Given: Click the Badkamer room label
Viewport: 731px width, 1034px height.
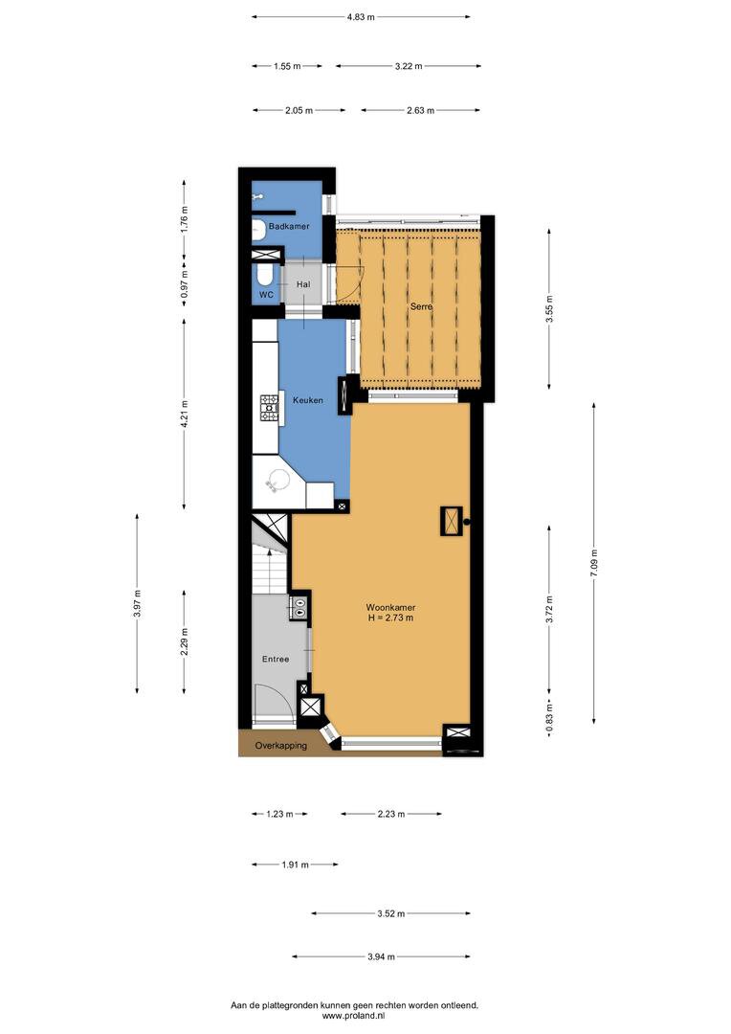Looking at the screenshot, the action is (289, 226).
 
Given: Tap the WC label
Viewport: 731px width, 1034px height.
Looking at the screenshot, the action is (266, 295).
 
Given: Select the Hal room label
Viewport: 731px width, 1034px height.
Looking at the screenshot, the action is (303, 284).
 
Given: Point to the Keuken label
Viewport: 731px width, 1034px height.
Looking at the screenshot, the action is (308, 399).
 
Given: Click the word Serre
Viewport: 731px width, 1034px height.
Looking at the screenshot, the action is (421, 306).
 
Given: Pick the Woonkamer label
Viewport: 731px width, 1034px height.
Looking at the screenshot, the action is (391, 607).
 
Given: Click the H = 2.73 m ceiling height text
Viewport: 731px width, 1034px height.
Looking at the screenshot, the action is (391, 618).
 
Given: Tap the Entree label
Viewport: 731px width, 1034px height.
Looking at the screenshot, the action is (276, 659).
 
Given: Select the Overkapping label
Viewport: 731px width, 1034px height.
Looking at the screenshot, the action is (280, 746).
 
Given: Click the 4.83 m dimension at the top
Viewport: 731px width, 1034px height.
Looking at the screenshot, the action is (361, 17).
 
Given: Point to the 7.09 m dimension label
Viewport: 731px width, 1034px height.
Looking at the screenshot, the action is (594, 564).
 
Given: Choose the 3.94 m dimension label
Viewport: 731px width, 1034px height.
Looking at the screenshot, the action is (382, 956).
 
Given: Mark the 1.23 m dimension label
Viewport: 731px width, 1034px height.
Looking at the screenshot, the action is (279, 814).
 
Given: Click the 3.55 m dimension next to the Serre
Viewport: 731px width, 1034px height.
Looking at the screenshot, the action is (549, 308).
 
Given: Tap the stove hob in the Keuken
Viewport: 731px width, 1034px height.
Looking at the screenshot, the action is (269, 408).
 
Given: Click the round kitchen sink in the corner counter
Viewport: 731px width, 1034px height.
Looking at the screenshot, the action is (277, 480).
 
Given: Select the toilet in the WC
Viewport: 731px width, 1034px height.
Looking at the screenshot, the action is (261, 275).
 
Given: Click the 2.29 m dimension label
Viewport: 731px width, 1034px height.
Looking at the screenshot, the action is (184, 641).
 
